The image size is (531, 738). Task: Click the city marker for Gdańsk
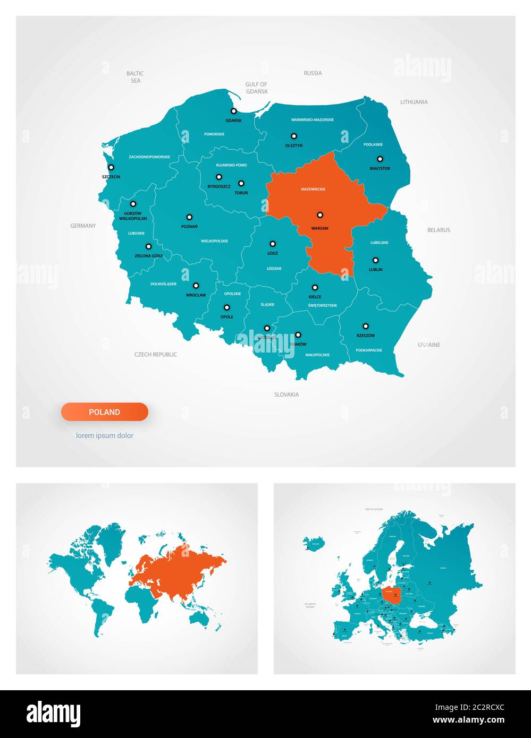233,111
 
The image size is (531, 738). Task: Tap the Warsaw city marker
320,215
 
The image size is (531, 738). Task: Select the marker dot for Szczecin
111,167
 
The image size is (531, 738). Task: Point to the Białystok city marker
380,159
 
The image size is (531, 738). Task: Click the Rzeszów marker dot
366,327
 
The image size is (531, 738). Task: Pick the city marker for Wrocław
196,286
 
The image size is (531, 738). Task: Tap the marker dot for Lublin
376,261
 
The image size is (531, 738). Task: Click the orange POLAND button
105,412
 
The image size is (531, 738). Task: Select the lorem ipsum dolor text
105,436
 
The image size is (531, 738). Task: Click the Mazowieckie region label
313,190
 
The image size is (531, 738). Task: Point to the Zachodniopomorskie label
149,157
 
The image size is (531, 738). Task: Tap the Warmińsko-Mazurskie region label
313,120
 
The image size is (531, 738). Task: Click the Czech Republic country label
155,355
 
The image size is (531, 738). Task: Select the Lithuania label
414,102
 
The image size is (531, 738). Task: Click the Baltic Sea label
135,77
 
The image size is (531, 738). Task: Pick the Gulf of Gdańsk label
256,88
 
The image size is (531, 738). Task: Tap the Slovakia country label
286,394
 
